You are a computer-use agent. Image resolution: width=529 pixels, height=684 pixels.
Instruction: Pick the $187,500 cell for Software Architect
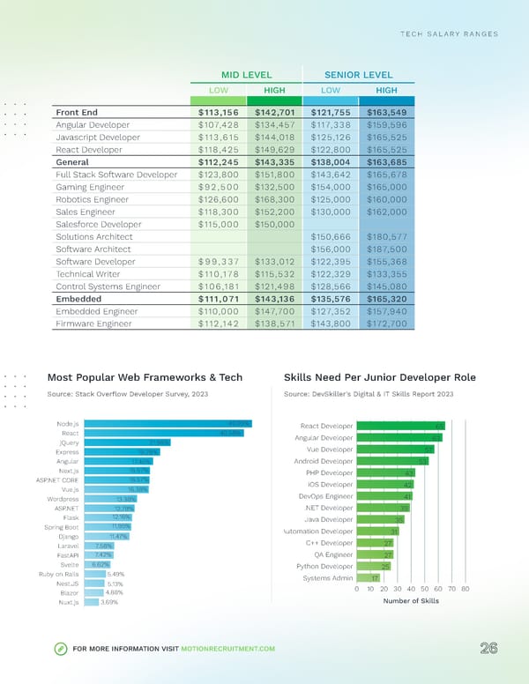pyautogui.click(x=385, y=249)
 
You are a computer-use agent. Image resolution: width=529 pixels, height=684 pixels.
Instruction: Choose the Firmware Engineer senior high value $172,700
pyautogui.click(x=385, y=323)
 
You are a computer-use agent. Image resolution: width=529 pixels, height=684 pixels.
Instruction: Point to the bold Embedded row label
pyautogui.click(x=80, y=299)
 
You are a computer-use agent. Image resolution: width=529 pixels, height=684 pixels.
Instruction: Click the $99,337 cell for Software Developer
pyautogui.click(x=220, y=262)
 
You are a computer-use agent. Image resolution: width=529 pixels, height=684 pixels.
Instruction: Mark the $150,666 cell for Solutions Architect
pyautogui.click(x=330, y=237)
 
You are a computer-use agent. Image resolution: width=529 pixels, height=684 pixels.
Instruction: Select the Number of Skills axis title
pyautogui.click(x=412, y=601)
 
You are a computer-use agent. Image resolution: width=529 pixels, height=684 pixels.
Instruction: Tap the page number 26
pyautogui.click(x=489, y=649)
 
